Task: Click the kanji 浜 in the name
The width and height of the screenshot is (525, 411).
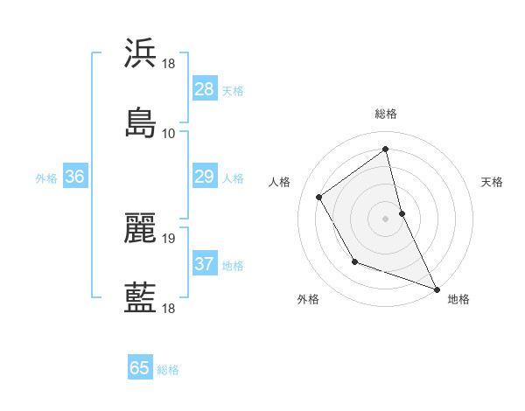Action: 141,52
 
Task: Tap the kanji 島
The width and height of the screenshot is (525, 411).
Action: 141,122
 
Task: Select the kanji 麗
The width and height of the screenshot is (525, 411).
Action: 141,227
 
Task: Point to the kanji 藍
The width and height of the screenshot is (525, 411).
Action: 141,297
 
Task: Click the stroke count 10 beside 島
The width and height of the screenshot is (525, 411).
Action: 169,133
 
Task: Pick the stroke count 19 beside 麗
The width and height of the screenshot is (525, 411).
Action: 169,238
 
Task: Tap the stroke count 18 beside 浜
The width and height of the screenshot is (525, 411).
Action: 169,63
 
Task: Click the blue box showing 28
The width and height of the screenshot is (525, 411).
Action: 205,89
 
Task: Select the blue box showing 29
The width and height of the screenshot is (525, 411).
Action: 205,177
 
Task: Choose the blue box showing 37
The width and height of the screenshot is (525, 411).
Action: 205,264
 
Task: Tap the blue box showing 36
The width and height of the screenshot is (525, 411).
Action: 75,177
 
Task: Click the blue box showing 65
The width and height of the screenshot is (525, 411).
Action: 140,368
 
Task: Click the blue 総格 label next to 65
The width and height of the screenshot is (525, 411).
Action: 168,370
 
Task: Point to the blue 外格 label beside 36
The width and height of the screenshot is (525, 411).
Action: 46,178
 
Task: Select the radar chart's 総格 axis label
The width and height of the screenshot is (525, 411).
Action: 386,114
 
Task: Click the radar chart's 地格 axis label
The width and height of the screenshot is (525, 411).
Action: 458,299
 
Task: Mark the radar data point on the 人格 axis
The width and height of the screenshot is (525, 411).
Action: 319,197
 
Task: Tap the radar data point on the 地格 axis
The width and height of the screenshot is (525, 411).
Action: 437,289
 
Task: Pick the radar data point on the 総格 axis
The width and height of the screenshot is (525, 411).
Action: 386,149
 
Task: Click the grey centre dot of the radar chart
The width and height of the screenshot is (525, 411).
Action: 386,218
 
